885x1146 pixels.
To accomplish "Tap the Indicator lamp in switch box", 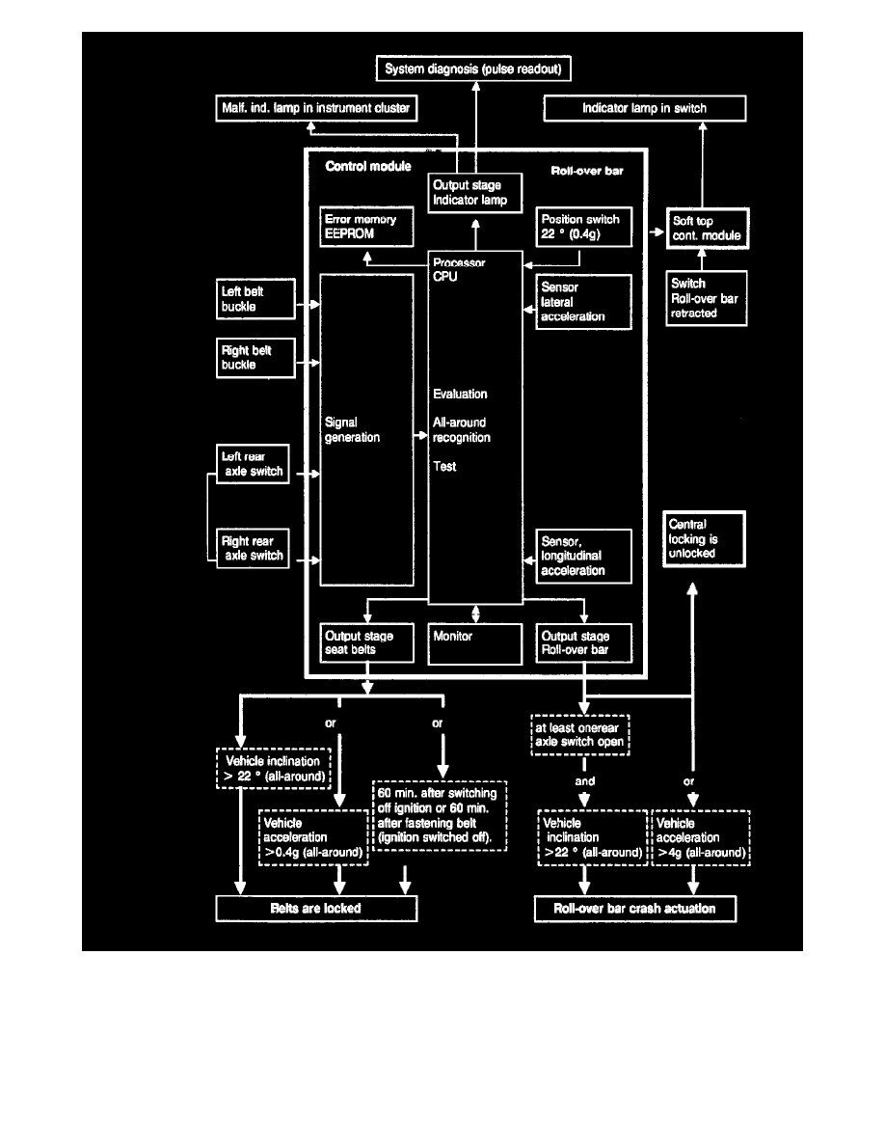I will (x=645, y=108).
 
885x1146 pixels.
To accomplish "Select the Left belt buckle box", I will (x=254, y=296).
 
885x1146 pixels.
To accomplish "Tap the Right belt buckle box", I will (x=254, y=358).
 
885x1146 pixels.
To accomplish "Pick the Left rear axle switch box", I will (x=254, y=465).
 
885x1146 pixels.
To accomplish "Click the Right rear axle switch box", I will (x=254, y=548).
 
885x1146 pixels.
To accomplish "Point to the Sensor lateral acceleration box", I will (x=584, y=301).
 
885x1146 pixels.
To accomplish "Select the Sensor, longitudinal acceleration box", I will (x=584, y=556).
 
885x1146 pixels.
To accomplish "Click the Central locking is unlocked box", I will (x=704, y=539).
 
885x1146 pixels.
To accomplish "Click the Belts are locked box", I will (x=316, y=909).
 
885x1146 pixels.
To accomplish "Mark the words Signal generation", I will (x=353, y=430).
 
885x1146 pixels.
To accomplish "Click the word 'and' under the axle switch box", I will (x=584, y=781).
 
